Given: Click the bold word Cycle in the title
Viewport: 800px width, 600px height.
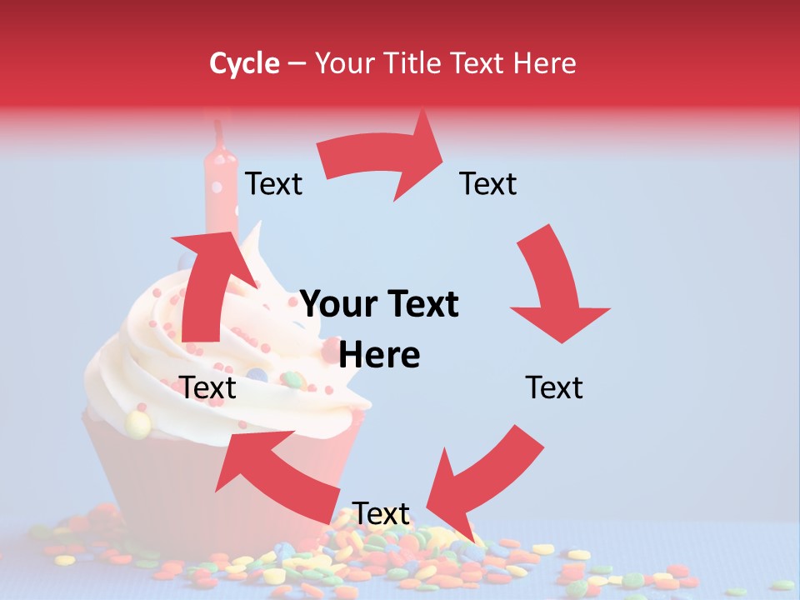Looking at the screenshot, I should (x=244, y=63).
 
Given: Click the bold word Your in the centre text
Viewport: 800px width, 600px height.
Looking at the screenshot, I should (x=337, y=305).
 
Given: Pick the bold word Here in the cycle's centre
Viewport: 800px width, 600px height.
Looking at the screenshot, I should (x=380, y=356).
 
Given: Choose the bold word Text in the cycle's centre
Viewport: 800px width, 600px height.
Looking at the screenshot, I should (x=417, y=305).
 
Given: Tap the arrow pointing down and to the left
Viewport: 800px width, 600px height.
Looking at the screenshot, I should (x=483, y=474).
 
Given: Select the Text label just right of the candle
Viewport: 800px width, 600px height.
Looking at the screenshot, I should (x=273, y=184).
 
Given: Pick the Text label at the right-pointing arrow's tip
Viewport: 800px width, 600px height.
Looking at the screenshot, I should (x=488, y=184).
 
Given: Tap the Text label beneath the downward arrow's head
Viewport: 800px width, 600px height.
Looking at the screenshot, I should (x=554, y=387).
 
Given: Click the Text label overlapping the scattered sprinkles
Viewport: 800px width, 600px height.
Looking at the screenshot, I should (x=382, y=513).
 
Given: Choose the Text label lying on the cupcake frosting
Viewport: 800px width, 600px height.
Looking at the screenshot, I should (x=208, y=387).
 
